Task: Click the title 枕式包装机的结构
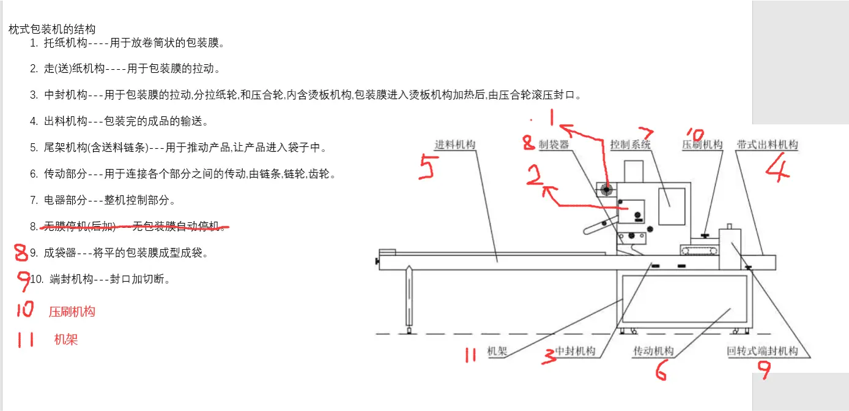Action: [52, 29]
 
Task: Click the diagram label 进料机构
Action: [454, 145]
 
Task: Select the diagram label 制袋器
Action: [554, 145]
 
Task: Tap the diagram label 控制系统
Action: [630, 145]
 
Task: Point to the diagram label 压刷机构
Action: [702, 145]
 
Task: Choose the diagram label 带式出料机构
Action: [767, 145]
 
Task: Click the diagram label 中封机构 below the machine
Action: [575, 351]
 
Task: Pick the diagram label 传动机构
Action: [653, 351]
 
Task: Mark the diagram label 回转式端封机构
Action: [762, 351]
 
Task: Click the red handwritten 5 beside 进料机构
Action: [426, 166]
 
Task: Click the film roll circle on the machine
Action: [606, 190]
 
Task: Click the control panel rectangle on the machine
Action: [671, 198]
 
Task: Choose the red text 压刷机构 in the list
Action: [72, 312]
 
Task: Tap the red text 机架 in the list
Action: [66, 339]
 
